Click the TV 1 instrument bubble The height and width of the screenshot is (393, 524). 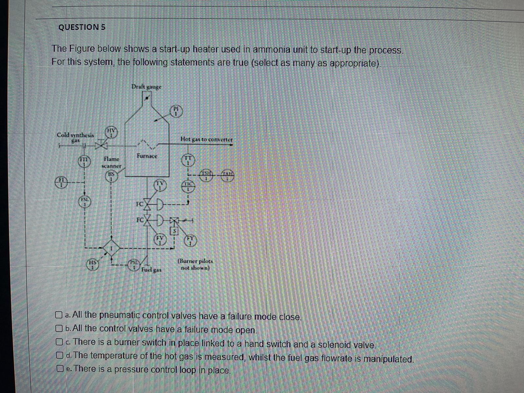[160, 185]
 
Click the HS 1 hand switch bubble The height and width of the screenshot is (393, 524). [93, 265]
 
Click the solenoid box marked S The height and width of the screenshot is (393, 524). [175, 231]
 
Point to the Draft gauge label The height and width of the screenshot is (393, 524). [146, 87]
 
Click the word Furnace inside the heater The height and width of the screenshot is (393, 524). [147, 156]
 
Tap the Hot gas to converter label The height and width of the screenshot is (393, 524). [206, 139]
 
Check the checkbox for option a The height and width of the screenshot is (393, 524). [59, 315]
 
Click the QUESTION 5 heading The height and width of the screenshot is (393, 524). [82, 27]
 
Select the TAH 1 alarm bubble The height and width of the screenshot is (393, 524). [228, 176]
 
